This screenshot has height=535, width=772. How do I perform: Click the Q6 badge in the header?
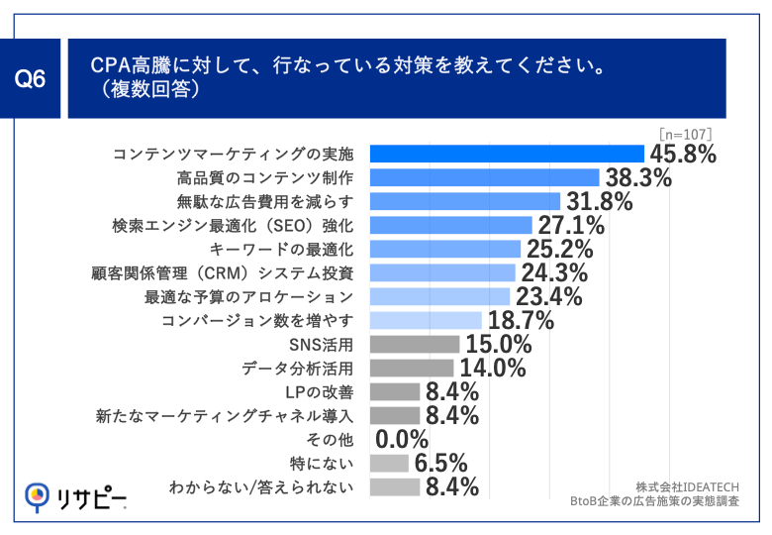34,80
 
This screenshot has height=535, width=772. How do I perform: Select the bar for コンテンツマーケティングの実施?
507,154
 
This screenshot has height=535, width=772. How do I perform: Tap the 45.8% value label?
682,155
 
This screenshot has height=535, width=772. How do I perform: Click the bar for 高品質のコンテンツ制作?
484,177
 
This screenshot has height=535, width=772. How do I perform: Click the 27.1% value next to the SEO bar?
570,226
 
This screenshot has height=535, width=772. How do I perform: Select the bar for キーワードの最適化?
444,249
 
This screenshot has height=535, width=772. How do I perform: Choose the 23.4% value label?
547,297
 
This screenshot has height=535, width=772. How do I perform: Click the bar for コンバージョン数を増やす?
425,320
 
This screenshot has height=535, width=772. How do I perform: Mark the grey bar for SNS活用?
414,344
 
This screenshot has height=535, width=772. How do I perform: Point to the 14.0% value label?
491,369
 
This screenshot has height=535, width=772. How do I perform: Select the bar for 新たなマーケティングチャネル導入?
394,415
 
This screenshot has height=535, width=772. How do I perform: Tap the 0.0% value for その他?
402,440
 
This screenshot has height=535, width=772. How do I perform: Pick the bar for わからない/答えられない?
394,486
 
